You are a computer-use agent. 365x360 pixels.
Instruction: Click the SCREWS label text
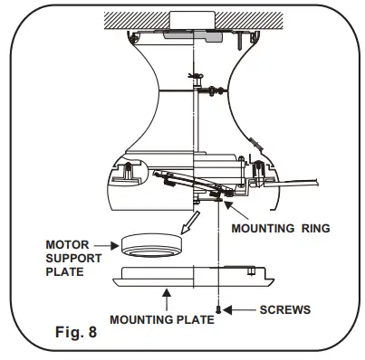point(286,310)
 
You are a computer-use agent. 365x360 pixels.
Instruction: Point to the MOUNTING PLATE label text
point(162,319)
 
